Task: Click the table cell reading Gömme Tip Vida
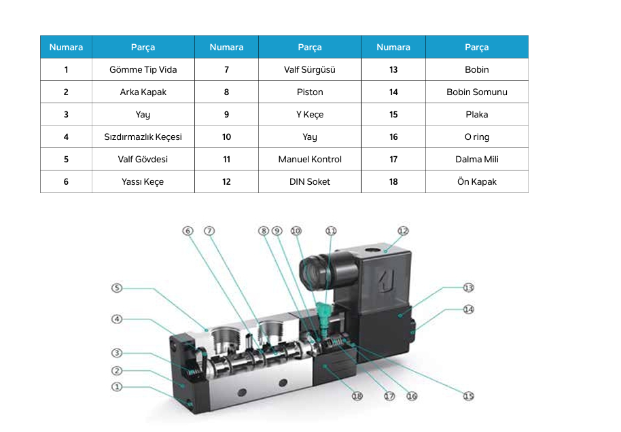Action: point(143,69)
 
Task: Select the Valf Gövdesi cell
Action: point(143,159)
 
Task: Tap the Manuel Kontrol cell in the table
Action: point(310,159)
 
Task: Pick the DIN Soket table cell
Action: point(310,181)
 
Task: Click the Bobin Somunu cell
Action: point(477,92)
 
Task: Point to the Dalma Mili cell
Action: point(477,159)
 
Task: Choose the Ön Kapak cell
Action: point(477,181)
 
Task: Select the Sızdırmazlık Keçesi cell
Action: point(143,137)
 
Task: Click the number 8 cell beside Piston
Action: point(226,92)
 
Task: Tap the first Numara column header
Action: point(66,47)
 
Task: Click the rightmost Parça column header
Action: point(477,47)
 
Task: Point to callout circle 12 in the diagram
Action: point(403,231)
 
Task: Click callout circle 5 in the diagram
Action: point(117,288)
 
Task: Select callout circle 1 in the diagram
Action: point(117,387)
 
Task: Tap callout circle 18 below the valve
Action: point(357,396)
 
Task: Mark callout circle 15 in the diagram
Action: point(468,396)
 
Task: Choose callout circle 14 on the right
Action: point(468,309)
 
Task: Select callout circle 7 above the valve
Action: point(209,231)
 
